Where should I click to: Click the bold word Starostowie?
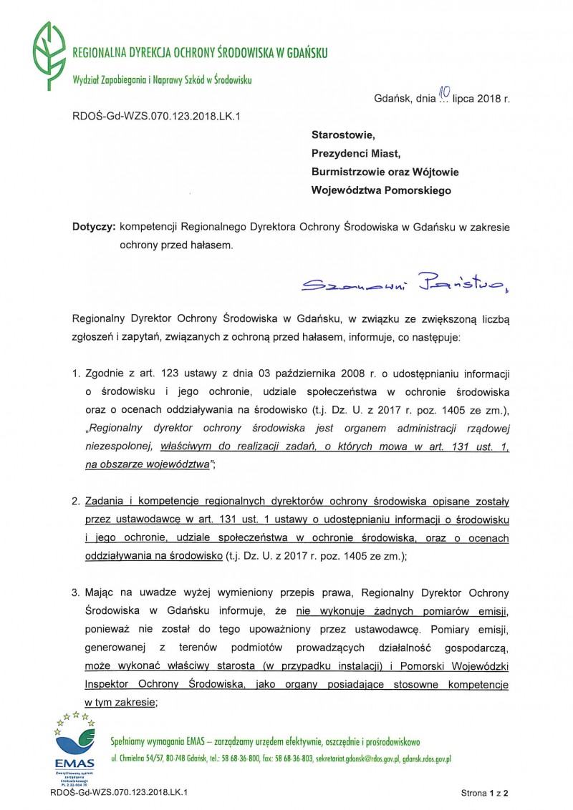[343, 134]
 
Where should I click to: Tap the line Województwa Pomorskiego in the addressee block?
[381, 190]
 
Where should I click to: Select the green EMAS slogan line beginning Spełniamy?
[265, 741]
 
